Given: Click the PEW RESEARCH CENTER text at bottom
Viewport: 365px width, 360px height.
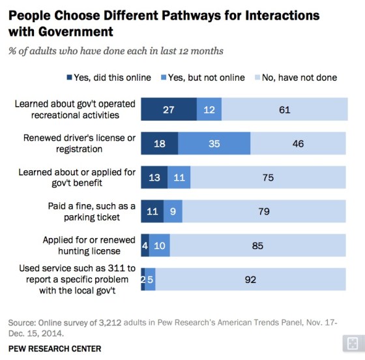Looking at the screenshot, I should pos(56,348).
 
